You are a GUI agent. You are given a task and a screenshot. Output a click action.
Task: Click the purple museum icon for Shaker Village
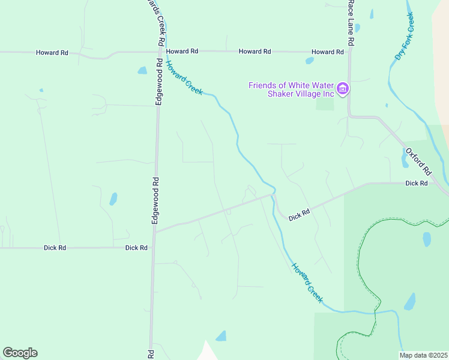[x=343, y=89]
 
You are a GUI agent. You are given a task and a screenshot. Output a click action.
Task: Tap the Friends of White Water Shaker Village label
[x=291, y=89]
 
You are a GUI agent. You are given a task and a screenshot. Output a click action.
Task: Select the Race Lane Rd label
[x=351, y=23]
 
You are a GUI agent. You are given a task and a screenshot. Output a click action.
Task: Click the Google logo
[x=20, y=353]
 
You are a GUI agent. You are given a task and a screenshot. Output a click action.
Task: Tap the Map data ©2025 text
[x=424, y=355]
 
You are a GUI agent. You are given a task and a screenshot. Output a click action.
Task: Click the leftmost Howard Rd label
[x=52, y=53]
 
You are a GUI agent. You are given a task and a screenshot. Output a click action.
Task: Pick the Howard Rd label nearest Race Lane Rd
[x=327, y=52]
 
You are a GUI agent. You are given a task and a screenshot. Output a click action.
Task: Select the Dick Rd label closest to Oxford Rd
[x=416, y=183]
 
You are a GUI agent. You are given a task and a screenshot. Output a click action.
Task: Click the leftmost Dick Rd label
[x=55, y=248]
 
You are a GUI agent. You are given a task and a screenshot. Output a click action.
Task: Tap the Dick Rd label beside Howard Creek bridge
[x=299, y=214]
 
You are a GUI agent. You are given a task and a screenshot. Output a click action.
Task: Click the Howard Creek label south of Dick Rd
[x=307, y=282]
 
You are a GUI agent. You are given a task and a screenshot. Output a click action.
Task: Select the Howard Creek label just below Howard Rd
[x=184, y=78]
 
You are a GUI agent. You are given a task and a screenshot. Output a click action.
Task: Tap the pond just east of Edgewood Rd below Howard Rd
[x=142, y=70]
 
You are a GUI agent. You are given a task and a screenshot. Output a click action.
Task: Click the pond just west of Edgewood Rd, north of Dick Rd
[x=113, y=199]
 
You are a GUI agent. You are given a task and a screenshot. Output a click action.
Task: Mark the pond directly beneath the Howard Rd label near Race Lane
[x=310, y=61]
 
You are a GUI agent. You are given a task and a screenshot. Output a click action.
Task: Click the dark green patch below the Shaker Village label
[x=325, y=103]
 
